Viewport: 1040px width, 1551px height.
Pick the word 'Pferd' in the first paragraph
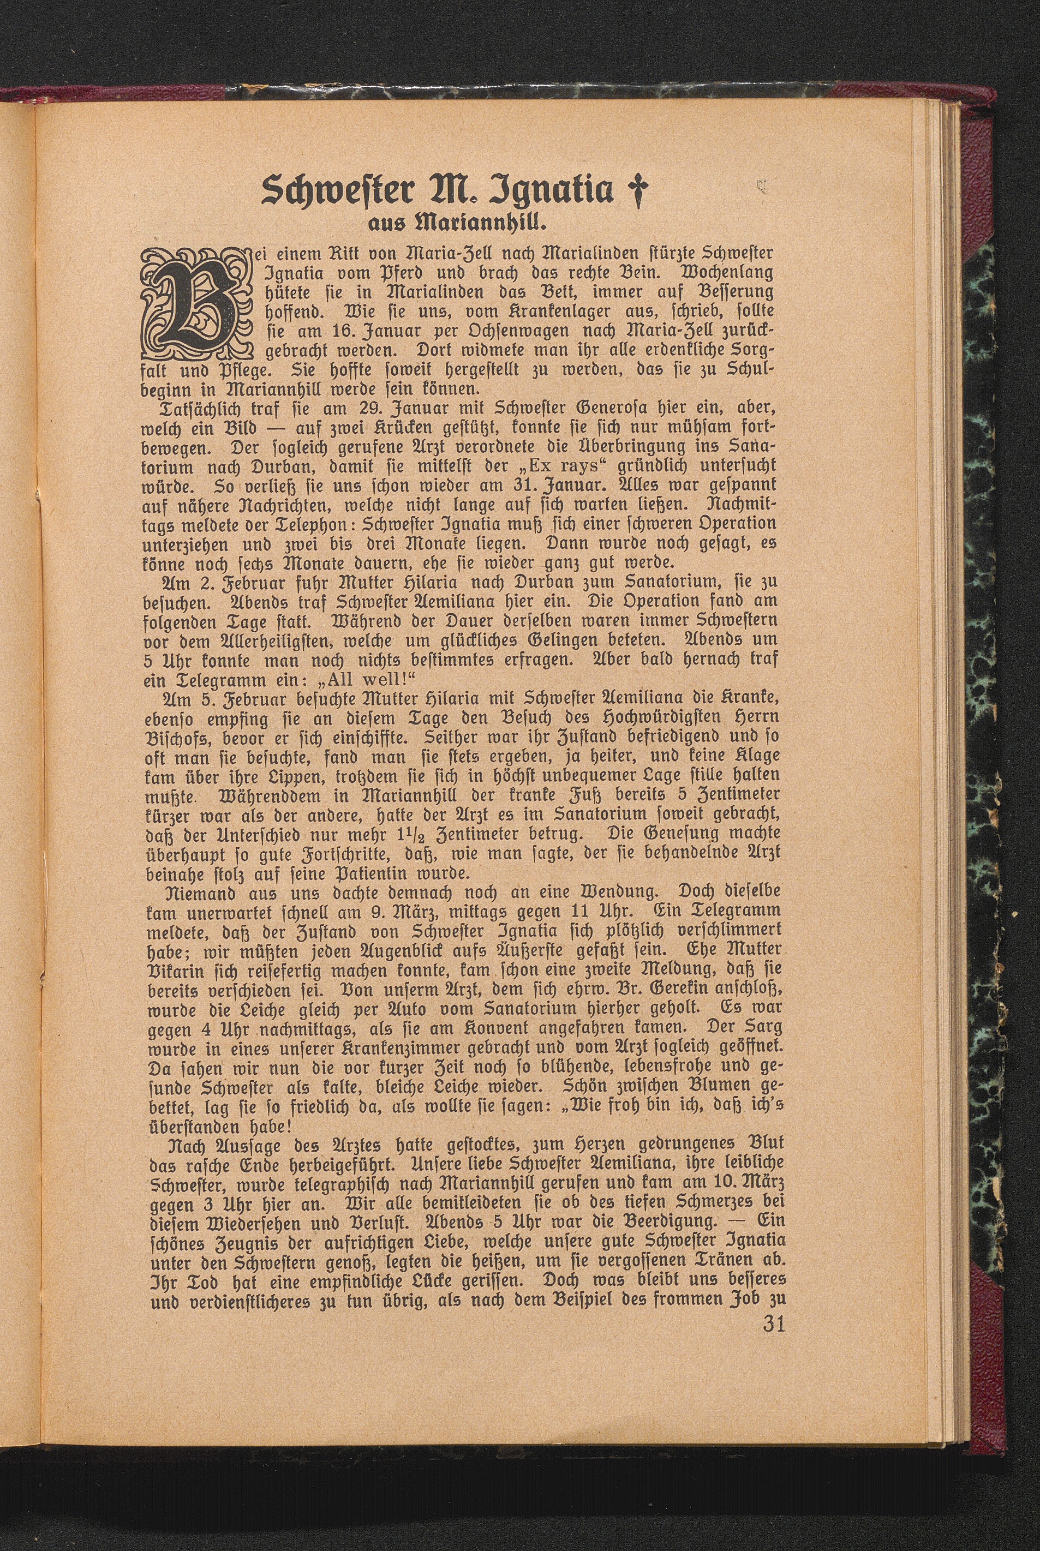point(379,273)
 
